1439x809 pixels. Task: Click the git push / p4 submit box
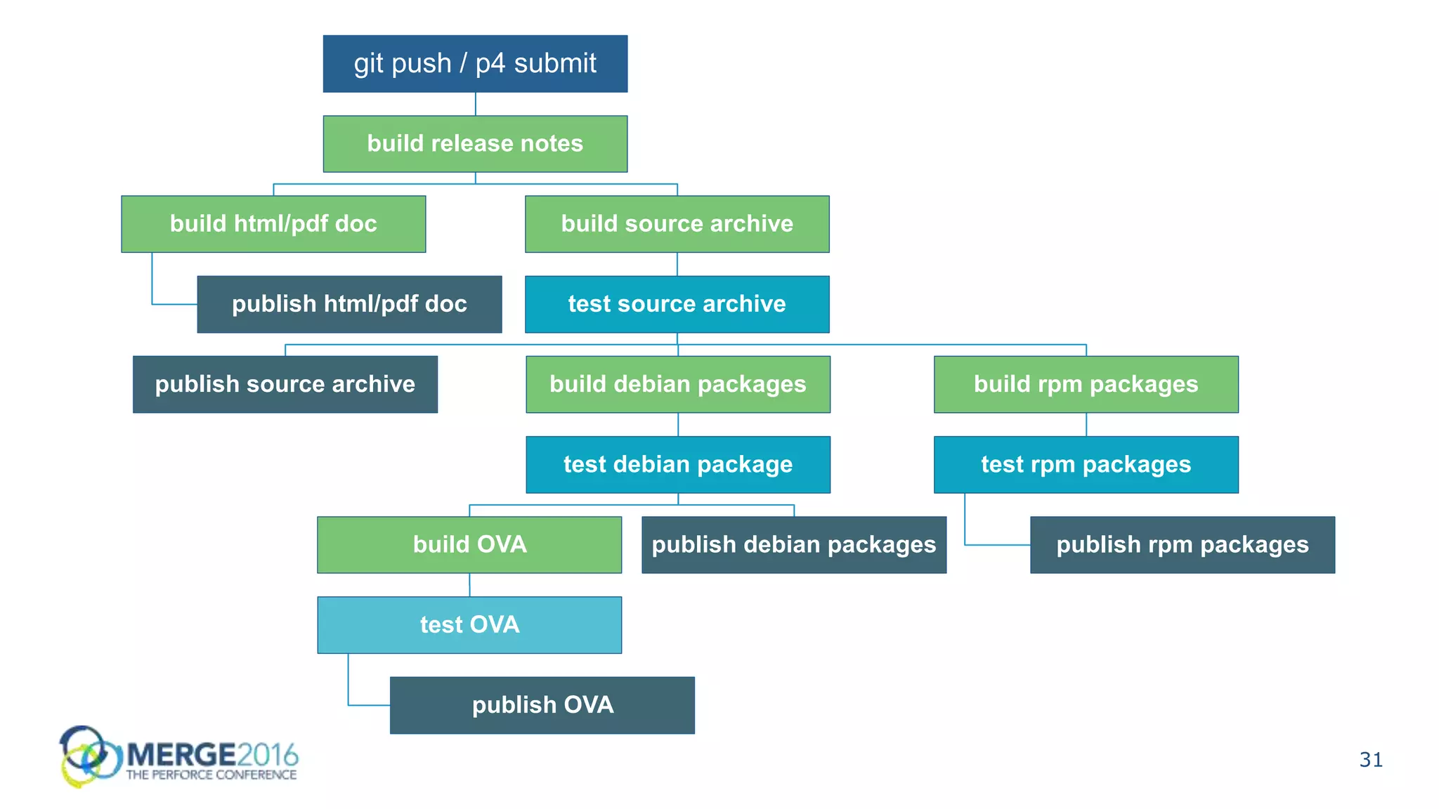click(x=475, y=64)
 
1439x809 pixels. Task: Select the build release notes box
click(x=475, y=144)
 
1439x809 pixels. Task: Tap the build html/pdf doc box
click(x=273, y=224)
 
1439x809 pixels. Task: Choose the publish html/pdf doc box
click(x=349, y=304)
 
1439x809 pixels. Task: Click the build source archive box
click(x=677, y=224)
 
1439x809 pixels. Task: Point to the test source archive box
click(x=677, y=304)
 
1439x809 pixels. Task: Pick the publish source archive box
click(x=285, y=384)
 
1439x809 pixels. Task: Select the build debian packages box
click(x=677, y=384)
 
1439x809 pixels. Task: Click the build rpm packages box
click(x=1086, y=384)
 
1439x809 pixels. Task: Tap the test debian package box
click(x=677, y=464)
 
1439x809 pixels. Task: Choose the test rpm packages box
click(x=1086, y=464)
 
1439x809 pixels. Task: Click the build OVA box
click(x=469, y=545)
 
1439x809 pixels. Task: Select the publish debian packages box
click(x=794, y=545)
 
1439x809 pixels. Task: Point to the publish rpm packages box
click(x=1182, y=545)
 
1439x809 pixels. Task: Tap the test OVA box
click(x=469, y=625)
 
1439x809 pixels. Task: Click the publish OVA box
click(x=542, y=705)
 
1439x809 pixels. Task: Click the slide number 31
click(x=1371, y=760)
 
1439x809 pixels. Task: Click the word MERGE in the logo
click(x=181, y=755)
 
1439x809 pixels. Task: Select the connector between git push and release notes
click(x=476, y=104)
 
